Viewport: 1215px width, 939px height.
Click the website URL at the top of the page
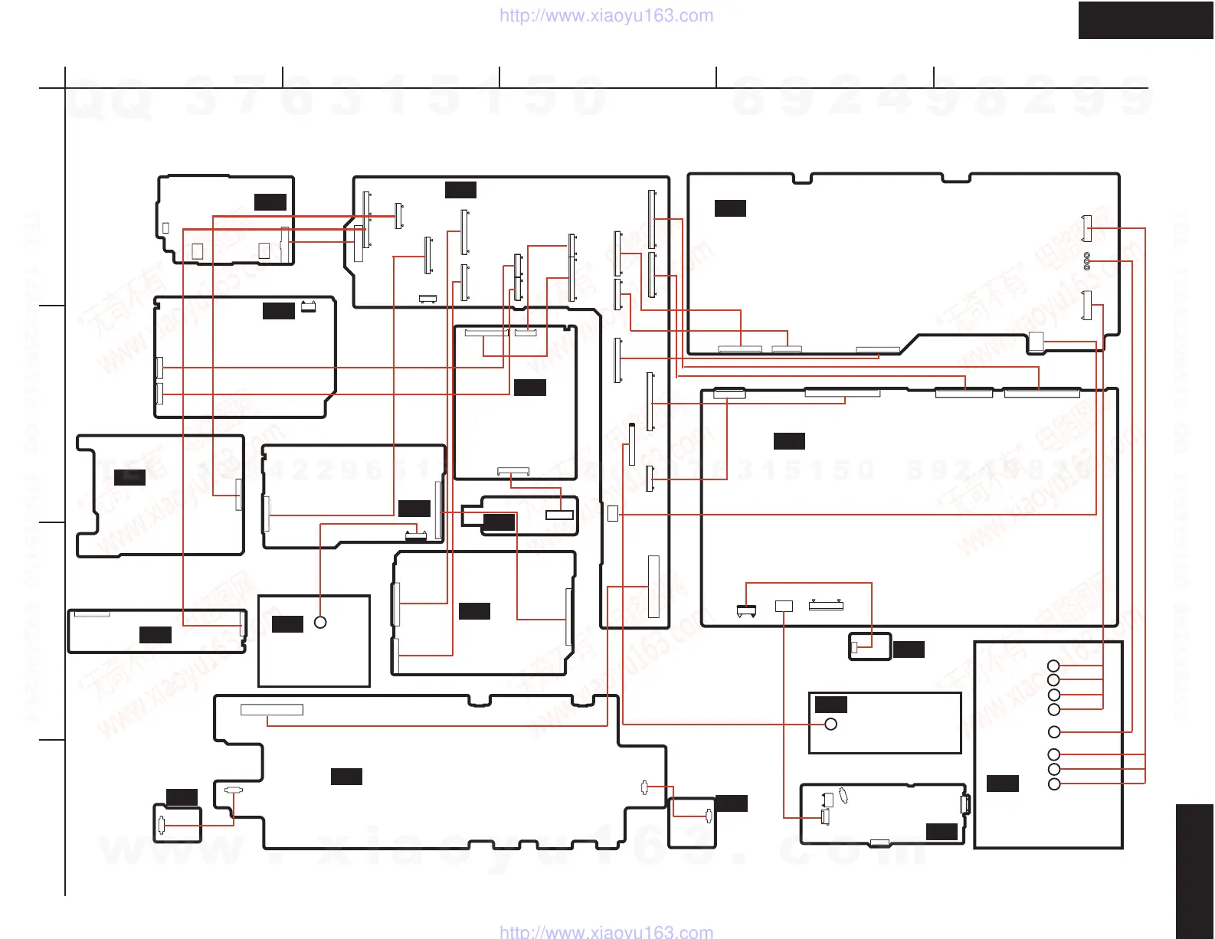(606, 15)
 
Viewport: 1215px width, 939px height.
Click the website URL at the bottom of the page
(606, 931)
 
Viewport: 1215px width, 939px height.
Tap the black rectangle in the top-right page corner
(1145, 20)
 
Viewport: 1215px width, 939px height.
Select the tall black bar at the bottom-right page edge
(1194, 871)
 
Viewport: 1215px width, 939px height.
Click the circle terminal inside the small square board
(320, 623)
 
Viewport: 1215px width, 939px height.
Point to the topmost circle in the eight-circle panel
(1054, 666)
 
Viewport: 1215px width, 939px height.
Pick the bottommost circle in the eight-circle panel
(1054, 784)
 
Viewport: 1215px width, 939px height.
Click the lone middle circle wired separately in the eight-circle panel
(1054, 732)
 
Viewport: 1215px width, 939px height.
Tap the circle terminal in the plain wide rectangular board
(830, 724)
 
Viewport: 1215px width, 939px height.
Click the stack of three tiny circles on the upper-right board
(1087, 260)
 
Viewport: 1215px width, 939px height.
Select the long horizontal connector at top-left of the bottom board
(272, 710)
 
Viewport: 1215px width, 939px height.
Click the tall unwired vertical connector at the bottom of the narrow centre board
(653, 587)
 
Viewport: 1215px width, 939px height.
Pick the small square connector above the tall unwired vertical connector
(613, 513)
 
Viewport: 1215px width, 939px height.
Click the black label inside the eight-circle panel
(1002, 784)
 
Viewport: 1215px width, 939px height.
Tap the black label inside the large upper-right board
(730, 208)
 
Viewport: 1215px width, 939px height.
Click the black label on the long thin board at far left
(155, 634)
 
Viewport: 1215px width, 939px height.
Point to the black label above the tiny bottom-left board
(182, 797)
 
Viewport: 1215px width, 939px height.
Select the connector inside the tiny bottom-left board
(161, 825)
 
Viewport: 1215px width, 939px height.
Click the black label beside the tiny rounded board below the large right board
(909, 649)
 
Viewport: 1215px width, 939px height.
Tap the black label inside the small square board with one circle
(288, 624)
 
